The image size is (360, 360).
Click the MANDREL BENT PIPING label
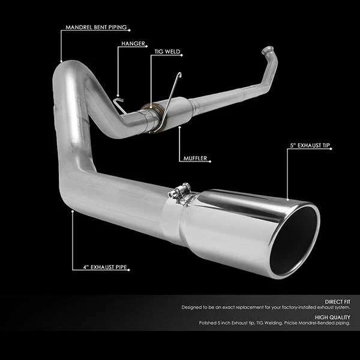[96, 28]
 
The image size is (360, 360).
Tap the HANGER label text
[133, 44]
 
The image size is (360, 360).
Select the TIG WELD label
[167, 52]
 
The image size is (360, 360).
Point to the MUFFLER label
[195, 158]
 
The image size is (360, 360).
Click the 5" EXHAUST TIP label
[310, 145]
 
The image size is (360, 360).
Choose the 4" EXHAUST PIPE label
[105, 267]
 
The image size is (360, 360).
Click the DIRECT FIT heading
[337, 302]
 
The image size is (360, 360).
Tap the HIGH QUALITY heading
[332, 317]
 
